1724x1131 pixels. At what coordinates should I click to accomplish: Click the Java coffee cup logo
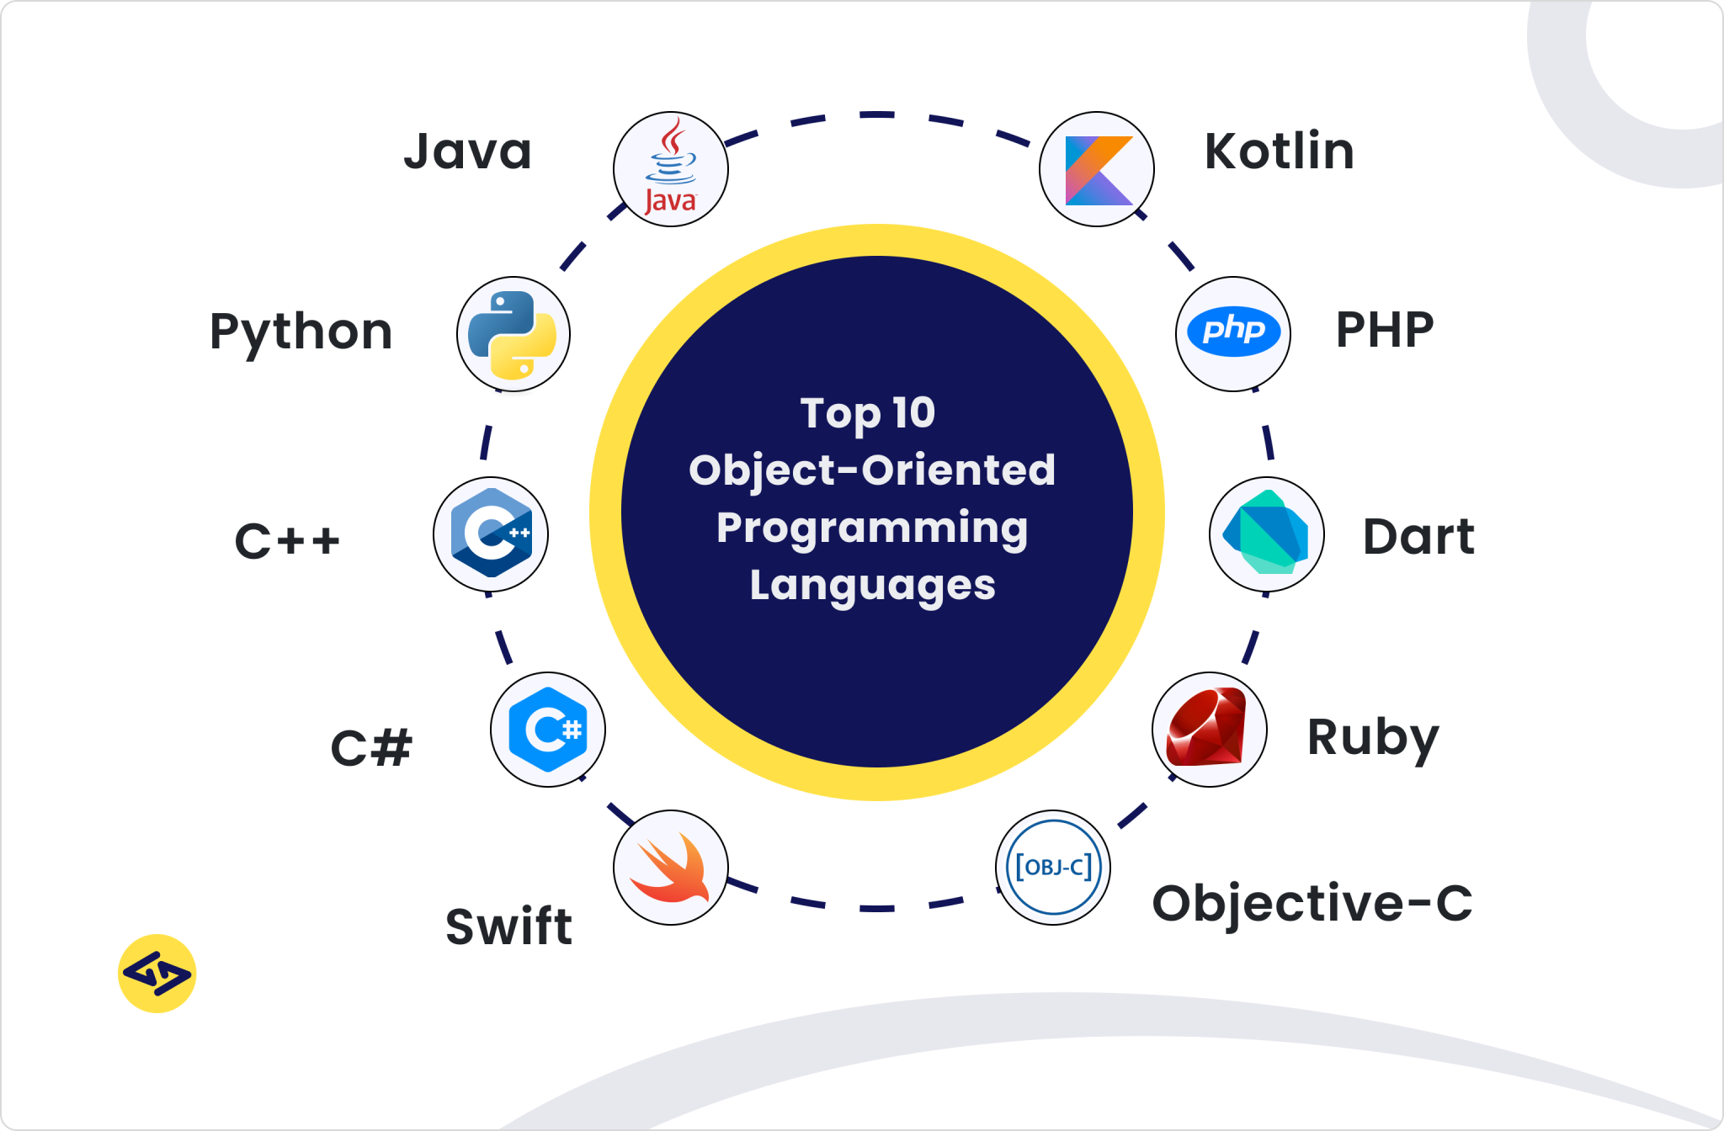671,168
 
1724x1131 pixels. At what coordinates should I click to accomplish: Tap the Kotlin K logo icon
1097,169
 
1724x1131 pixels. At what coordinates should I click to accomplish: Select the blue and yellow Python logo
513,334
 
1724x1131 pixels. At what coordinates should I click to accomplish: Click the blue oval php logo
1233,332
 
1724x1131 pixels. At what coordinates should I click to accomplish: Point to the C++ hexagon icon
491,534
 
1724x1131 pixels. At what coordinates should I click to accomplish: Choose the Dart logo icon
1266,534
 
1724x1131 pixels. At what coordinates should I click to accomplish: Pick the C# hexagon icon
548,730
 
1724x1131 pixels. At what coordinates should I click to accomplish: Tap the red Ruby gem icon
1208,729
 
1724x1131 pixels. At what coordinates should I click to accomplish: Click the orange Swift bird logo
671,868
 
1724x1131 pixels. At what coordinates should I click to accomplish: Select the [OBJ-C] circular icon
1053,867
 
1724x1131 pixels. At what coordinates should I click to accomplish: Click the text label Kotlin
1279,151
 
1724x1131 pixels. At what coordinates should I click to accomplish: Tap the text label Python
301,332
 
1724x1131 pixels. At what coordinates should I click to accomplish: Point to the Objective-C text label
1312,904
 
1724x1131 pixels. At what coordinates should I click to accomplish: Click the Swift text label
508,927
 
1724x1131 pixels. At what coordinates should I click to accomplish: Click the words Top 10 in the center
867,413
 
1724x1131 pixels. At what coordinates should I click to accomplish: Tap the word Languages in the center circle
872,586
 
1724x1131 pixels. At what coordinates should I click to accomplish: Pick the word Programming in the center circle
872,528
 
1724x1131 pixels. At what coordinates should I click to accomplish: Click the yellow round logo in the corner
157,974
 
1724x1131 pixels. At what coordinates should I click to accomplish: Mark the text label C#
371,747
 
